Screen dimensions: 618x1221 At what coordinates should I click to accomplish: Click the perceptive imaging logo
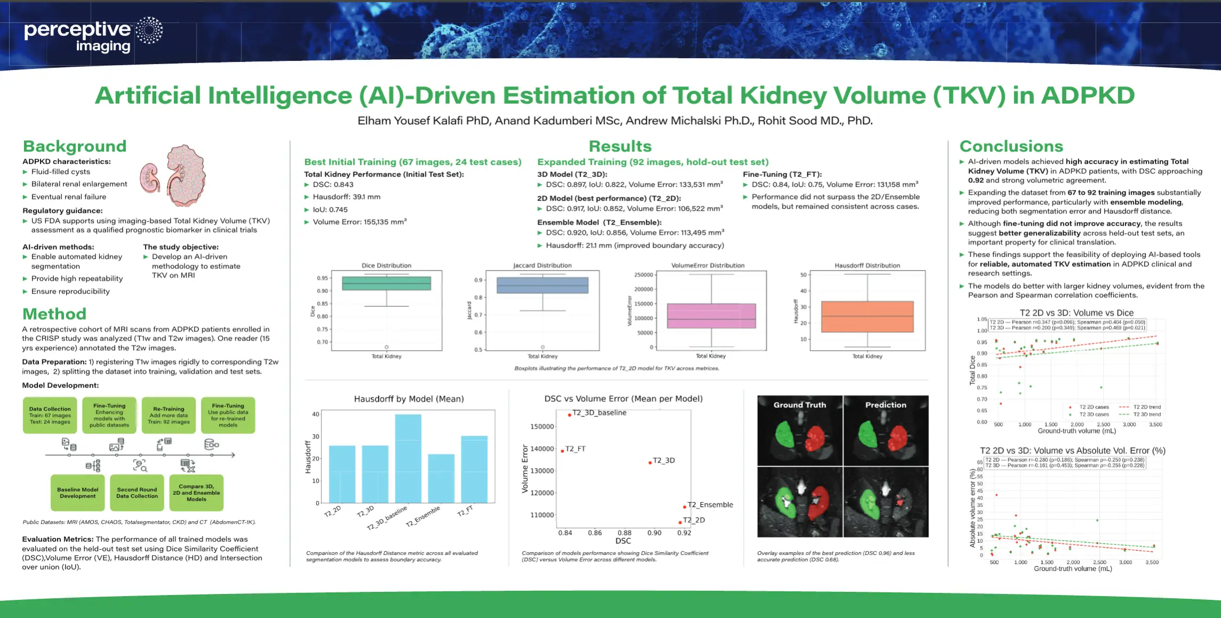(93, 36)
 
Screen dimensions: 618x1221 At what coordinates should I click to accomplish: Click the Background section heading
(75, 146)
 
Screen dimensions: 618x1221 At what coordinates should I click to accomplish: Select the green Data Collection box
(50, 415)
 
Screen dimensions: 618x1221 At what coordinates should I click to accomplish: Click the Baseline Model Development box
(78, 493)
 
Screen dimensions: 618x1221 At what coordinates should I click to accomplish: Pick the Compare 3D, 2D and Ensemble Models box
(196, 493)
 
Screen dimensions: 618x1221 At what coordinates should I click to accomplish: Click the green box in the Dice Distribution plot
(386, 283)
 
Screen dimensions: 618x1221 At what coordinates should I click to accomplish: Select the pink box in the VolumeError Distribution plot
(711, 315)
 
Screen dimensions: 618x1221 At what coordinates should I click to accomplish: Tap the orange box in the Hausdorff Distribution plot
(867, 316)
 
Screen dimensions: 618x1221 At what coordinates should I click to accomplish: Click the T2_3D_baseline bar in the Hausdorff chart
(408, 458)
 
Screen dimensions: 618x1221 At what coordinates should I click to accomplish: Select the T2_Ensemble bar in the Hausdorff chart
(441, 478)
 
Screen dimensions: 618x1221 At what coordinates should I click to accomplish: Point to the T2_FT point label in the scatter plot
(575, 449)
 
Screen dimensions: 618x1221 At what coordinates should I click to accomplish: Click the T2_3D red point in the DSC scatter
(650, 463)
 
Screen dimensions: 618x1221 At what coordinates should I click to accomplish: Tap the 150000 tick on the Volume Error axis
(542, 426)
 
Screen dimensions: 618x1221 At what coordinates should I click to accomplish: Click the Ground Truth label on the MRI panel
(800, 405)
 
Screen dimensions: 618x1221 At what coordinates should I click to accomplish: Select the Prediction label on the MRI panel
(886, 405)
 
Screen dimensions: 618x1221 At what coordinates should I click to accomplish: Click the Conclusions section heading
(1011, 146)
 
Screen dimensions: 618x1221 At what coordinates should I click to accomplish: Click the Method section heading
(54, 314)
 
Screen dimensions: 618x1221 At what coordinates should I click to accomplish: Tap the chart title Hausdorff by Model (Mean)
(409, 399)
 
